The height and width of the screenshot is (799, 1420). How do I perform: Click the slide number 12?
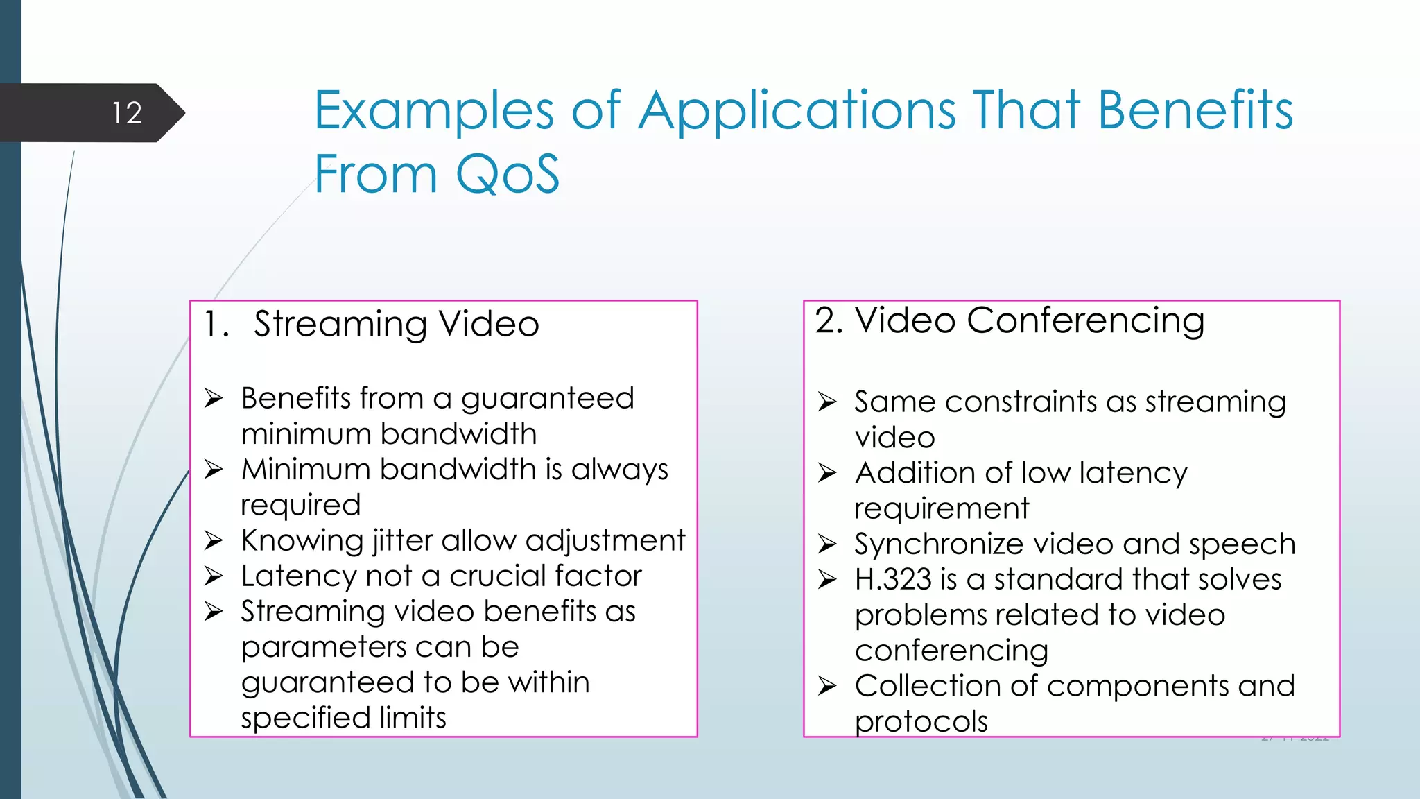(x=127, y=113)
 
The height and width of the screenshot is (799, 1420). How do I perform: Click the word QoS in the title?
(x=507, y=173)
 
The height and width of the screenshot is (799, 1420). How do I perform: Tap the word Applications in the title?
(x=797, y=111)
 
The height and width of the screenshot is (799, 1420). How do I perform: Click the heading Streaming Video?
(x=396, y=325)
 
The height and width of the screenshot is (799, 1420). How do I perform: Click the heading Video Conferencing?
(x=1029, y=321)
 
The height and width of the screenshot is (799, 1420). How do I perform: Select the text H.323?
(x=892, y=580)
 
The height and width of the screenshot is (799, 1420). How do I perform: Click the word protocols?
(x=921, y=722)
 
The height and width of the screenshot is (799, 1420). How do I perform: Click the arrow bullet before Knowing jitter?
(x=214, y=540)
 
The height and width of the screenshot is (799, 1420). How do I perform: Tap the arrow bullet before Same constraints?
(x=827, y=402)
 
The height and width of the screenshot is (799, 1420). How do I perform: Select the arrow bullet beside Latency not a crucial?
(x=214, y=576)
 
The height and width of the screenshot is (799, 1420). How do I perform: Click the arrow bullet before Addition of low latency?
(x=827, y=473)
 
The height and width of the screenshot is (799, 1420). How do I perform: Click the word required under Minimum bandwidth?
(x=300, y=505)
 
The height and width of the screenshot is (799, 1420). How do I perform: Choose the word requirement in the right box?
(x=941, y=509)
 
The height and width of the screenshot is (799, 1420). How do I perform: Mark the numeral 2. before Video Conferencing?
(x=829, y=321)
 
